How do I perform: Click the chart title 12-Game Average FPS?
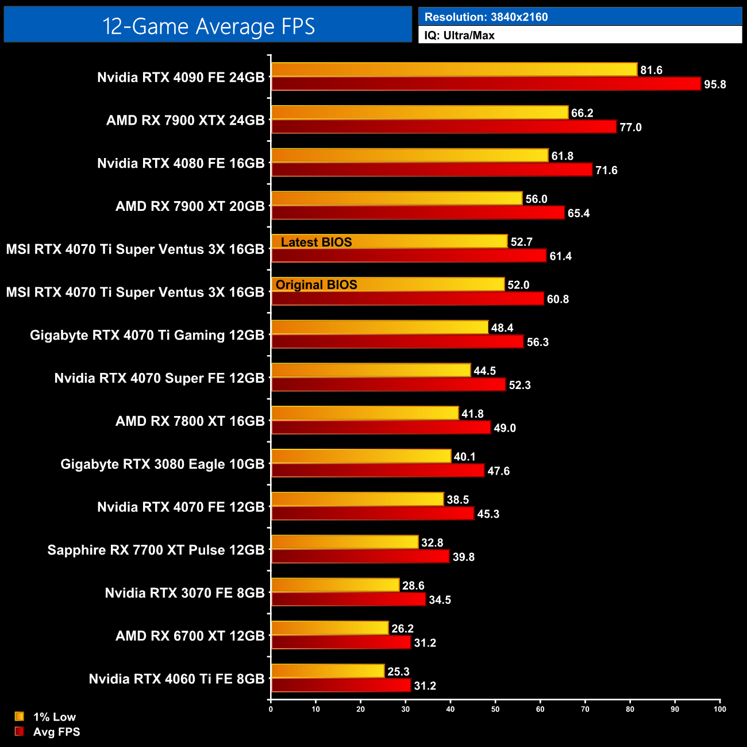[209, 26]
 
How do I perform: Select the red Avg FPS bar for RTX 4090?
[486, 84]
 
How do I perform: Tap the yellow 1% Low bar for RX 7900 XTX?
[419, 113]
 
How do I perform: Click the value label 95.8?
[715, 84]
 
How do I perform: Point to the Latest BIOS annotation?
[316, 242]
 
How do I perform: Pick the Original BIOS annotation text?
[316, 285]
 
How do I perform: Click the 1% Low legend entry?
[54, 717]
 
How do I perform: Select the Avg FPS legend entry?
[56, 731]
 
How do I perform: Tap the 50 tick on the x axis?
[495, 709]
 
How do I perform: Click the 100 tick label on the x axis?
[719, 709]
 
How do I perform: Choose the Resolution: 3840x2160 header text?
[486, 17]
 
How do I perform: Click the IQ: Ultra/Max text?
[459, 36]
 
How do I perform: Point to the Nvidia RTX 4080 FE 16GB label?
[180, 163]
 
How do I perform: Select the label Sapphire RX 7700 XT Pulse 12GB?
[156, 550]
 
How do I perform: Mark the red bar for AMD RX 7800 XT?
[381, 428]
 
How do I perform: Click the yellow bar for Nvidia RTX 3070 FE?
[335, 585]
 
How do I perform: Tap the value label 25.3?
[398, 672]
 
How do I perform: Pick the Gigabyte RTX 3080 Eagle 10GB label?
[163, 464]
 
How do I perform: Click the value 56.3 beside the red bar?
[537, 342]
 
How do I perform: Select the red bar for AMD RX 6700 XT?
[341, 642]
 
